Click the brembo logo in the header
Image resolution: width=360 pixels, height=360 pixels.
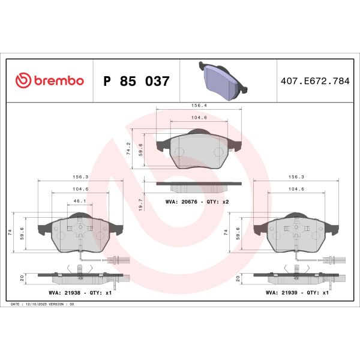[49, 81]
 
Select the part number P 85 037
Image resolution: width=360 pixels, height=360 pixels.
[136, 81]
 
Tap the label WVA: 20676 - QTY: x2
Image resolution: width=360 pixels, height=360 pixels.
[197, 202]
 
